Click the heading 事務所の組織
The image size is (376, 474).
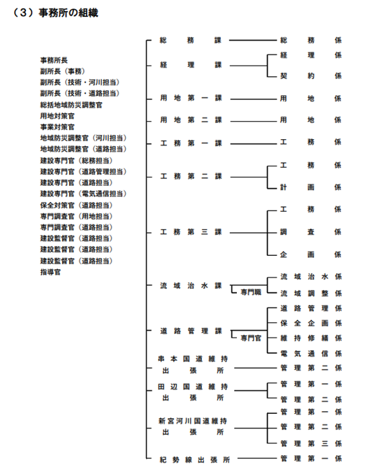click(68, 13)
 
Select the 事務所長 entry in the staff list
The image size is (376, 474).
click(54, 60)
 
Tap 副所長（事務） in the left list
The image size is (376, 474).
click(63, 71)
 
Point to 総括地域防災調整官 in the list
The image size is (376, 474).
click(71, 105)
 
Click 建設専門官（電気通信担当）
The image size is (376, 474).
click(83, 194)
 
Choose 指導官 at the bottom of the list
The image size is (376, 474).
click(50, 272)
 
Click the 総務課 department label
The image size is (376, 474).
click(190, 41)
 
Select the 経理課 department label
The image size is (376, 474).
click(190, 65)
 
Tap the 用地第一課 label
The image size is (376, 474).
click(190, 99)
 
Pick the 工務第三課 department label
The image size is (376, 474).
click(190, 232)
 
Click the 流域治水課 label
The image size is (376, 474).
click(190, 286)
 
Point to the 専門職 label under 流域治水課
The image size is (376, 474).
click(251, 292)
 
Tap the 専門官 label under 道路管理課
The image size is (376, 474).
click(251, 338)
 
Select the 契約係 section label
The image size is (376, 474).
click(311, 76)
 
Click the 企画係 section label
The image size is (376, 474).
click(311, 254)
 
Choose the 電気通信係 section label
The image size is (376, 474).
click(311, 353)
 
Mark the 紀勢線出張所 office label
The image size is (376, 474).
click(195, 460)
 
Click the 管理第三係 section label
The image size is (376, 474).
click(311, 443)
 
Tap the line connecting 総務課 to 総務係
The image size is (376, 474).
click(253, 41)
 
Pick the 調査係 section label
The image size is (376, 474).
click(311, 232)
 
